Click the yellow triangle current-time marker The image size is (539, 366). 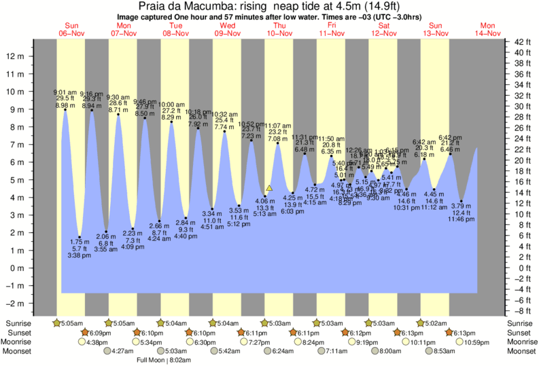(x=269, y=187)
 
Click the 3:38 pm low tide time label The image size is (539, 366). (x=80, y=255)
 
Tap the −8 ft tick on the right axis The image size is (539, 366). (x=521, y=311)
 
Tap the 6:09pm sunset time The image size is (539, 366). (x=99, y=333)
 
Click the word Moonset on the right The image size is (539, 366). (x=521, y=351)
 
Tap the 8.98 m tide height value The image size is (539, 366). (x=65, y=105)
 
